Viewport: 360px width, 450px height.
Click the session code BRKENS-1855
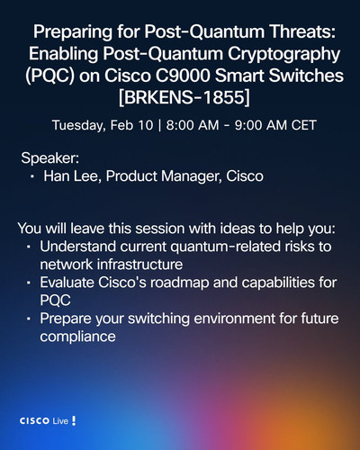[184, 97]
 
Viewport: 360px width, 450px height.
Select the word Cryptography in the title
[283, 54]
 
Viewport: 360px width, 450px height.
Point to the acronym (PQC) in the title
[49, 76]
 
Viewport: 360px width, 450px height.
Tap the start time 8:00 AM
[193, 125]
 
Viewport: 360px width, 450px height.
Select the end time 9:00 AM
[261, 125]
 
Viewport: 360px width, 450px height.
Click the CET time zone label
[304, 125]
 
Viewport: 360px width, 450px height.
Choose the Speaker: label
[50, 158]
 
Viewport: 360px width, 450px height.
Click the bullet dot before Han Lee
[32, 177]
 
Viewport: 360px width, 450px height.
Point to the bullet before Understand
[29, 247]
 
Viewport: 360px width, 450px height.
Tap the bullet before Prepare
[29, 319]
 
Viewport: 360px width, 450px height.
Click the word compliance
[77, 337]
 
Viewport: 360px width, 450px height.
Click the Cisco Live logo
[48, 421]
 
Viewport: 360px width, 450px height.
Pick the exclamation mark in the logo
[74, 421]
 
